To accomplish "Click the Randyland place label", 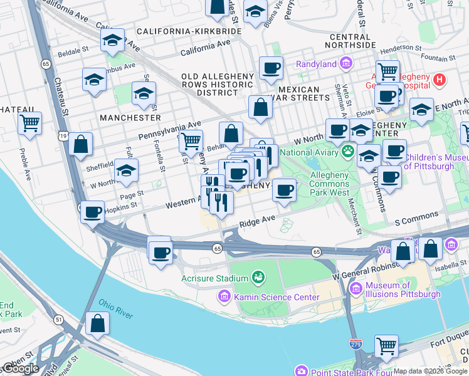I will click(x=316, y=64).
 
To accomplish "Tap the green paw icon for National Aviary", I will click(x=347, y=151).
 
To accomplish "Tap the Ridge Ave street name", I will click(x=257, y=220).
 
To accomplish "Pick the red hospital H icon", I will click(x=440, y=80).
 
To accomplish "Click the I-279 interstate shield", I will click(x=354, y=343).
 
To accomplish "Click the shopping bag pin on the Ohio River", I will click(x=98, y=323).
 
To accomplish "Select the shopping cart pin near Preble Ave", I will click(x=29, y=123).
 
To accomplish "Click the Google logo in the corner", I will click(x=21, y=368).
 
